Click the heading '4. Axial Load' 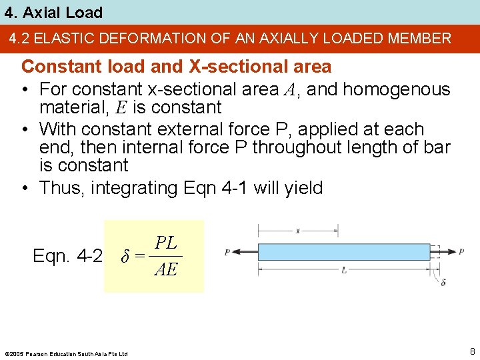[52, 13]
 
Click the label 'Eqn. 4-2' [67, 256]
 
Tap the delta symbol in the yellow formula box [126, 256]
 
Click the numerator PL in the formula [165, 243]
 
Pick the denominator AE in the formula [165, 269]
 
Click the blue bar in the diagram [354, 252]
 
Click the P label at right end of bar [461, 252]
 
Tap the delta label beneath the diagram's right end [444, 283]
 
